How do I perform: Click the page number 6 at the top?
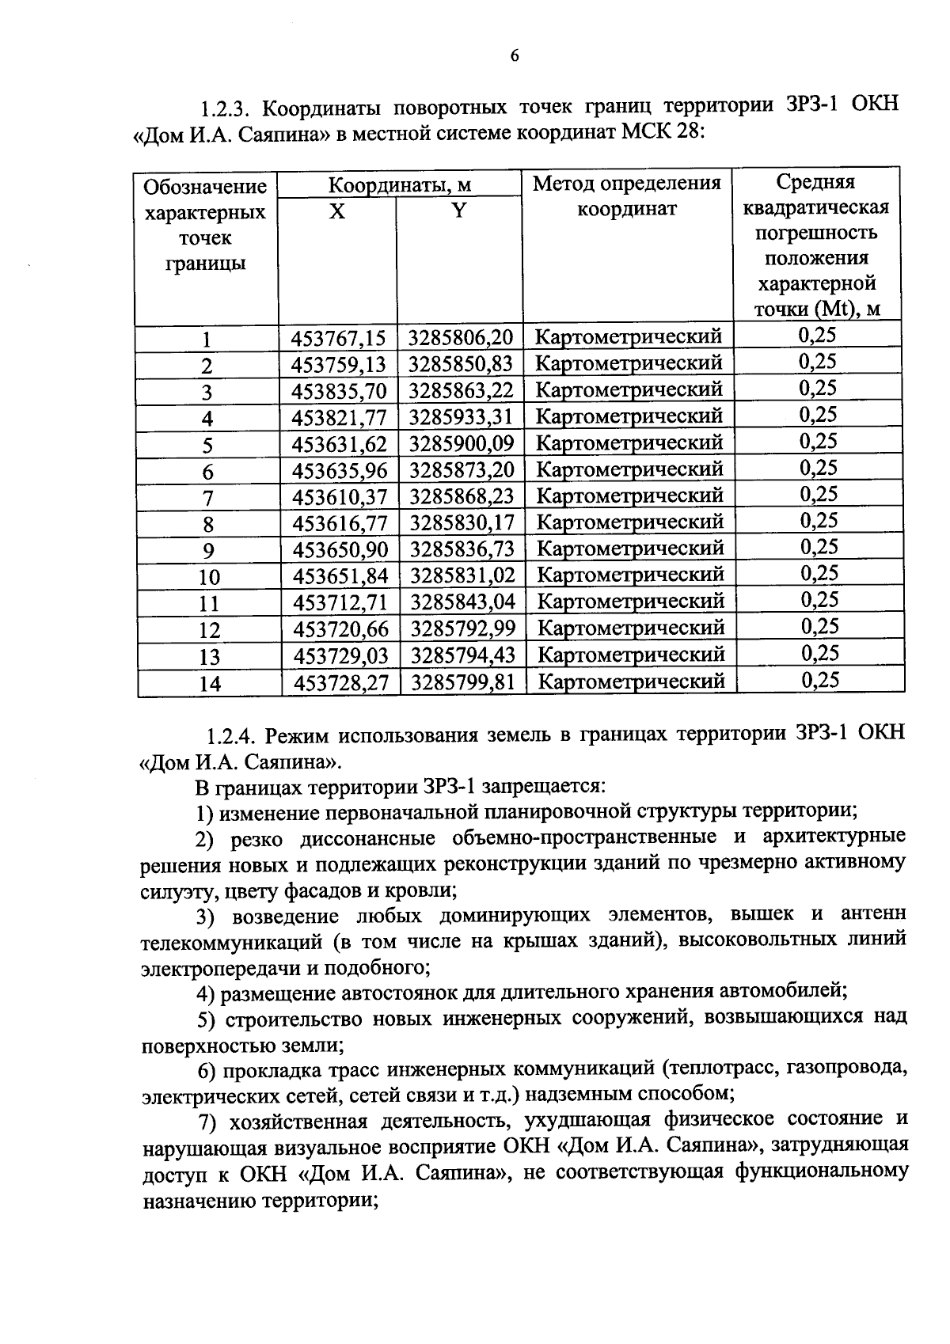click(514, 55)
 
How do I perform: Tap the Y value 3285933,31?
click(461, 416)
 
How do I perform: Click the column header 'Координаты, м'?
click(400, 186)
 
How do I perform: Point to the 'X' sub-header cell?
click(337, 211)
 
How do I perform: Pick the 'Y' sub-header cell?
click(458, 211)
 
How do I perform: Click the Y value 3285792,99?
click(462, 628)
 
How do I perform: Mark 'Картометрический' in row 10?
click(630, 575)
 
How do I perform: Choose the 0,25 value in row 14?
click(819, 680)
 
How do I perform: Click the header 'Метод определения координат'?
click(626, 196)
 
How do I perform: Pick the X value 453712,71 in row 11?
click(340, 602)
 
